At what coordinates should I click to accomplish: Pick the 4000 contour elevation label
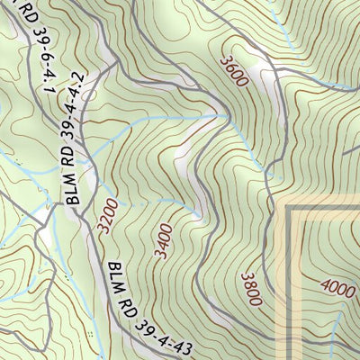[x=337, y=289]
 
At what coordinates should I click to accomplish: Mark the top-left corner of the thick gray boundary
[x=290, y=209]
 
